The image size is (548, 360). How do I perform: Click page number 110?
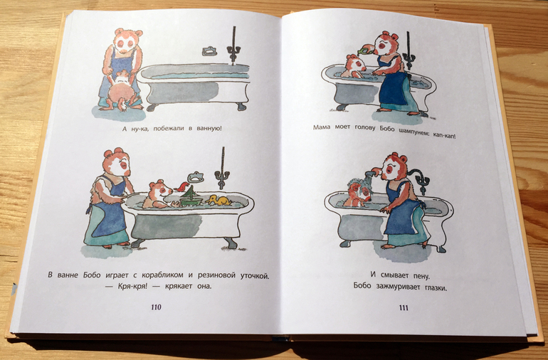[157, 307]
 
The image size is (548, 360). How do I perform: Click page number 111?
[404, 307]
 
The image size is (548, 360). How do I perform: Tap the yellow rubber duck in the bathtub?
[218, 200]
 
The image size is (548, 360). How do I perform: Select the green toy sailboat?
[191, 196]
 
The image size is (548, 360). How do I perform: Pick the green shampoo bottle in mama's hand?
[364, 50]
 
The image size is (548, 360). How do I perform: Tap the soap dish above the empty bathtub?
[209, 51]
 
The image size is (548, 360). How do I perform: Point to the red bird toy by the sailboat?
[181, 186]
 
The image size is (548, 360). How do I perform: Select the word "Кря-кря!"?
[128, 287]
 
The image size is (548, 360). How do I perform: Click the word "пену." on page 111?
[421, 276]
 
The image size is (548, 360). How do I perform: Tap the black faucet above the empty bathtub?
[233, 46]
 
